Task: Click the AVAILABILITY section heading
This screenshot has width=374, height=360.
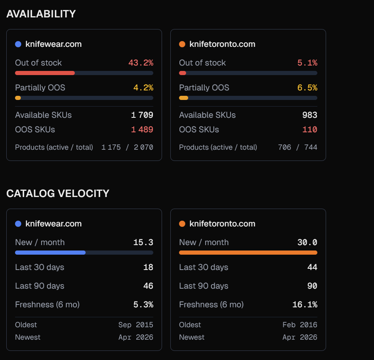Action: (41, 14)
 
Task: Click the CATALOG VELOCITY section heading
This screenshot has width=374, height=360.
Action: (58, 194)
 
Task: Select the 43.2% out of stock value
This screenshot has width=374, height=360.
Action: (141, 63)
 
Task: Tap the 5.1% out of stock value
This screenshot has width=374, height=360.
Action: (307, 63)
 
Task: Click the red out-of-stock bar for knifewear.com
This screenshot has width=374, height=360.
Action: (45, 73)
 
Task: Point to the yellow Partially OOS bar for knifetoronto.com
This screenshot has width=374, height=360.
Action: (183, 98)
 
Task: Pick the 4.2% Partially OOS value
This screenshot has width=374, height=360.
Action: (143, 88)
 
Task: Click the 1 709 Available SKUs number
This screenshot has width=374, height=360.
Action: (142, 115)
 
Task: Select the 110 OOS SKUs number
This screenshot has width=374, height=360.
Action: (310, 130)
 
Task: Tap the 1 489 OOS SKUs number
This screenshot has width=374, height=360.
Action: (142, 130)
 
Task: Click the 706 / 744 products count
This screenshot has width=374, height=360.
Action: (298, 148)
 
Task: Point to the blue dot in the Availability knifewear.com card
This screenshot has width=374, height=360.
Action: (18, 44)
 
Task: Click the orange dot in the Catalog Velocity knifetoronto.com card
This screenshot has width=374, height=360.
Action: (182, 224)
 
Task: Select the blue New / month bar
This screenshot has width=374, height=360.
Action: (50, 253)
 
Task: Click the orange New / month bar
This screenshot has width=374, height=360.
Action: (248, 253)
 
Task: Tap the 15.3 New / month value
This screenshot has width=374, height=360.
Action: (143, 243)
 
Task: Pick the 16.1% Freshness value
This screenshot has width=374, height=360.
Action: (305, 305)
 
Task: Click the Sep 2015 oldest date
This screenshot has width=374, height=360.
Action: (136, 325)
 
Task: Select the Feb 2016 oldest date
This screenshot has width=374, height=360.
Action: (300, 325)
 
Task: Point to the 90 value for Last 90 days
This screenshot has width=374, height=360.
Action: (312, 286)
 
